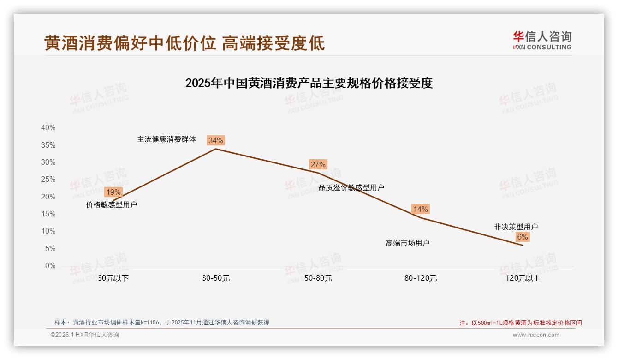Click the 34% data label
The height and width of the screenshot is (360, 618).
tap(215, 140)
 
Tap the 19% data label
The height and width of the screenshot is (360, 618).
tap(113, 192)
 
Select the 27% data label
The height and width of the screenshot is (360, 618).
tap(318, 164)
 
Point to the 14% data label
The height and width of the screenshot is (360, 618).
tap(420, 209)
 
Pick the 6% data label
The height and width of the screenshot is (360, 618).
tap(522, 237)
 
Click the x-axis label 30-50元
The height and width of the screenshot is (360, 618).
tap(216, 278)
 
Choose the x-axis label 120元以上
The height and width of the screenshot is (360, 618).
tap(523, 278)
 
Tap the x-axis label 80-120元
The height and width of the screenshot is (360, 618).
tap(421, 278)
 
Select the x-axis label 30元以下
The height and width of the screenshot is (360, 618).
tap(113, 278)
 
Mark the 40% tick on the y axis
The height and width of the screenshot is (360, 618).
tap(48, 128)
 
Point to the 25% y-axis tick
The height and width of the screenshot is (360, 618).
tap(48, 180)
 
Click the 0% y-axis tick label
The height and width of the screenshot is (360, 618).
tap(50, 266)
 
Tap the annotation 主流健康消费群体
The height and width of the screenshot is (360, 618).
tap(166, 139)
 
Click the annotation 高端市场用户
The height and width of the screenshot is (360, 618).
tap(408, 243)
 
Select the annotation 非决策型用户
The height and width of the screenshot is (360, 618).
tap(516, 227)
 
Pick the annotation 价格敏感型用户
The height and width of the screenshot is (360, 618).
tap(112, 204)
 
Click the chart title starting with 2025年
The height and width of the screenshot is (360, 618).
tap(309, 84)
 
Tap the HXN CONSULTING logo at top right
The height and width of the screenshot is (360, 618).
tap(542, 40)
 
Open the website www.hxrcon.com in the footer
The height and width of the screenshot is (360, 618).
tap(536, 335)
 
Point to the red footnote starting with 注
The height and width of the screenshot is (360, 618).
tap(521, 323)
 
